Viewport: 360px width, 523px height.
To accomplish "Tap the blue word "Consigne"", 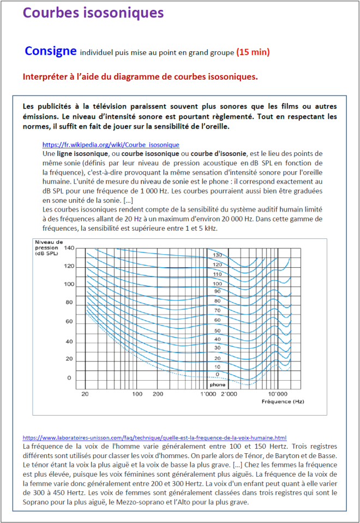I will (50, 51).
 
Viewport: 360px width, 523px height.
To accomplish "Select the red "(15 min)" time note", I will (253, 52).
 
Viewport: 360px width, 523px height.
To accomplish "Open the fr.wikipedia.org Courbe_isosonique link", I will (111, 145).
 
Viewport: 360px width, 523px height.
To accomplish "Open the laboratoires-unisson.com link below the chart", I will (154, 437).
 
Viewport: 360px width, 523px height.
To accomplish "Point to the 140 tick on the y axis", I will (69, 248).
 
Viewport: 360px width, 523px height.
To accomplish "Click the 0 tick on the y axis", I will (69, 377).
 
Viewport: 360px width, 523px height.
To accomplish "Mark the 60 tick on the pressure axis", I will (69, 322).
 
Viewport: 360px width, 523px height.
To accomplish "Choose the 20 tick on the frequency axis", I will (85, 393).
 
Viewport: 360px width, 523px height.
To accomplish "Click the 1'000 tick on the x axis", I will (207, 393).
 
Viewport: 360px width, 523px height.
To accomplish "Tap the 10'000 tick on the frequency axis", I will (277, 393).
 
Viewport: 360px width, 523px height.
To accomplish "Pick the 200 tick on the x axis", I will (158, 393).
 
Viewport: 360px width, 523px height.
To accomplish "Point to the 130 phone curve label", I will (217, 255).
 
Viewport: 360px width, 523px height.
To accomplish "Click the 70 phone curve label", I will (217, 311).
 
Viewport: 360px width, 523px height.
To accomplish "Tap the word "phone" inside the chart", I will (217, 384).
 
